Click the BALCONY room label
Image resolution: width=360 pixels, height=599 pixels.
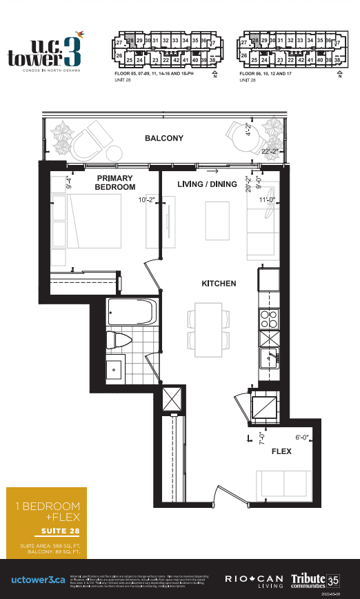pos(164,139)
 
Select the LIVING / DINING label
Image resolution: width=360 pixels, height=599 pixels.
pos(208,184)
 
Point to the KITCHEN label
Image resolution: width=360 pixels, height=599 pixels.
pos(219,284)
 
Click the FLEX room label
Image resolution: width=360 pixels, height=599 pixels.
pos(281,451)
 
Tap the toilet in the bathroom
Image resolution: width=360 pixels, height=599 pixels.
pos(119,340)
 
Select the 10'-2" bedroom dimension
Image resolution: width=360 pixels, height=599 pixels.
pos(148,201)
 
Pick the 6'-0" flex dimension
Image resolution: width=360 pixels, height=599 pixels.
pos(304,437)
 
